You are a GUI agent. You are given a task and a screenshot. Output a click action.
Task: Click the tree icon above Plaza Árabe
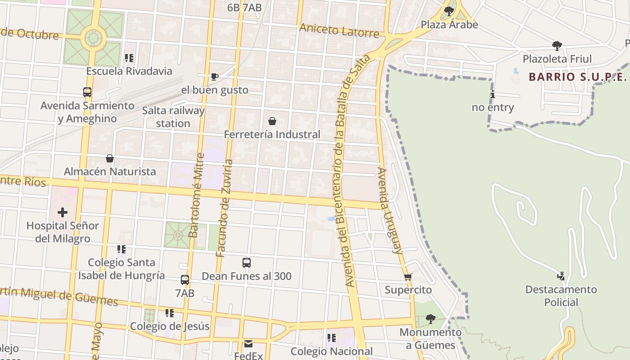point(448,11)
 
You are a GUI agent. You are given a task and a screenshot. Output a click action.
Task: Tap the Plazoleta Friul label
point(557,58)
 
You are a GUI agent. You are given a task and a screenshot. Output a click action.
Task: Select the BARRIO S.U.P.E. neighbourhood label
point(578,77)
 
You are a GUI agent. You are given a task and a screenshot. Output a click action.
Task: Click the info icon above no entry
point(493,94)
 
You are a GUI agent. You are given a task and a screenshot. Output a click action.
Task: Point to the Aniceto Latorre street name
point(339,31)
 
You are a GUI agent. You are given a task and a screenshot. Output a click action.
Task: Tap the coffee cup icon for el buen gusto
point(215,77)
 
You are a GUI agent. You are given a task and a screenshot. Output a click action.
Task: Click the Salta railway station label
point(173,117)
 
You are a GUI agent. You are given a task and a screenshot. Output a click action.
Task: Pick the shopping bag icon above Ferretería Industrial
point(272,121)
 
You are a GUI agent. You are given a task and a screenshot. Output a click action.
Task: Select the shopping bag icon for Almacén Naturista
point(110,158)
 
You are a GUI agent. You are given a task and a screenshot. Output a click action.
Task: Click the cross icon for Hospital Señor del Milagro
point(63,212)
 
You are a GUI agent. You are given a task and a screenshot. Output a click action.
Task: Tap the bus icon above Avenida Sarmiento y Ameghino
point(87,92)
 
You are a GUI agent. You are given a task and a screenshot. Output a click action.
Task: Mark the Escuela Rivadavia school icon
point(129,58)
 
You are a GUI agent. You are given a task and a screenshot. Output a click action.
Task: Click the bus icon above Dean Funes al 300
point(247,263)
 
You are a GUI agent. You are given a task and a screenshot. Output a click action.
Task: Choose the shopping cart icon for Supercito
point(408,277)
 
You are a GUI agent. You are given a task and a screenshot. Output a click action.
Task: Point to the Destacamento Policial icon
point(561,276)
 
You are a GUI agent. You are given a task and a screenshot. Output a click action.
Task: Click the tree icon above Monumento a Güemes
point(430,319)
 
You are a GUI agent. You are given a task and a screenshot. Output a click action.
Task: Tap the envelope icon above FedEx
point(248,344)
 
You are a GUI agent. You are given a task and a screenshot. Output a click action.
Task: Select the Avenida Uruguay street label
point(390,211)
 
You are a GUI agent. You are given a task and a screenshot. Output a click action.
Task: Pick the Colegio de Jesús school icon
point(170,313)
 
